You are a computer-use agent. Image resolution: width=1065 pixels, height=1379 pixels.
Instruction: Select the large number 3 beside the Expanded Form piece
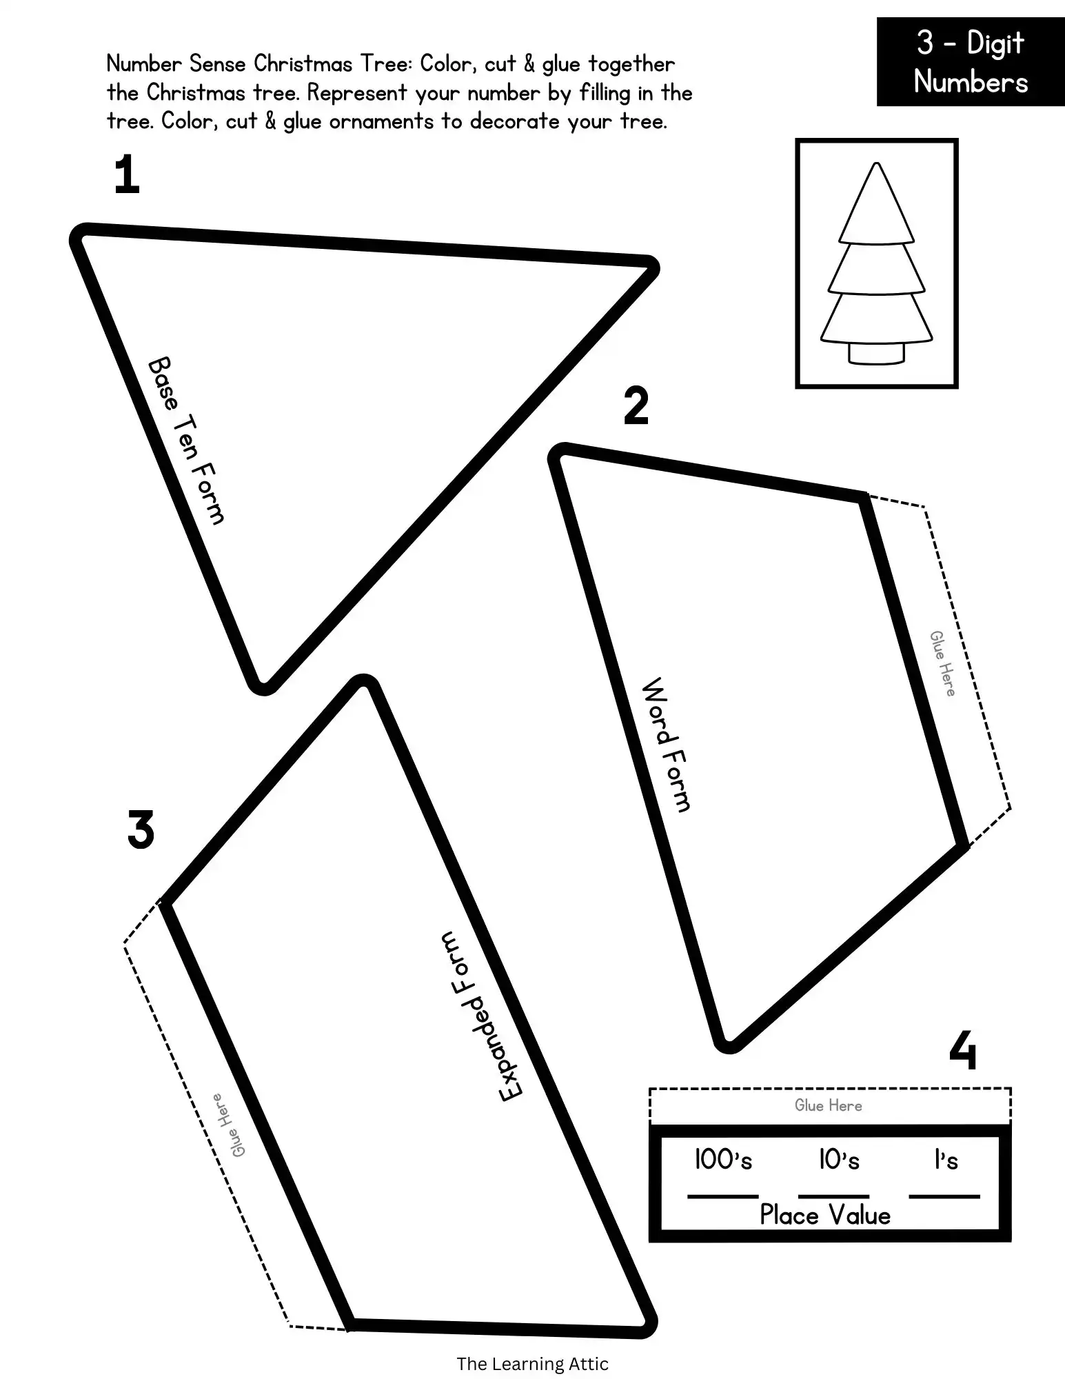[141, 829]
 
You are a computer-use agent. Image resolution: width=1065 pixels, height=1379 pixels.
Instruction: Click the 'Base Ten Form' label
[187, 441]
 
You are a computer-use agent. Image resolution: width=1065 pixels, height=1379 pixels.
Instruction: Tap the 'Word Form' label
[666, 745]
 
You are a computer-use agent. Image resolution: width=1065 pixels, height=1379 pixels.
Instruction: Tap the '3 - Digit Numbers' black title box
[971, 62]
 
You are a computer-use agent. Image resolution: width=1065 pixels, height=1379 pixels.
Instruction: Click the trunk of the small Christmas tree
[876, 353]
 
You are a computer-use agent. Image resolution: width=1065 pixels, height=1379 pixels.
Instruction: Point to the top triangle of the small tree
[876, 203]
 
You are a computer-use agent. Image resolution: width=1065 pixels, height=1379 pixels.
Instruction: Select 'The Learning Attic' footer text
[532, 1363]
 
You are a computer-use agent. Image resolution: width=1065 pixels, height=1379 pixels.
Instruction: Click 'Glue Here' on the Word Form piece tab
[942, 663]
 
